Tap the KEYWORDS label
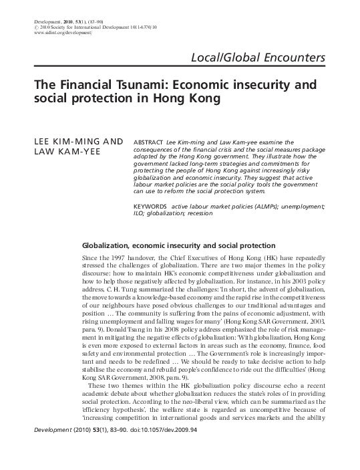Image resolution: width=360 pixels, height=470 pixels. tap(151, 189)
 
